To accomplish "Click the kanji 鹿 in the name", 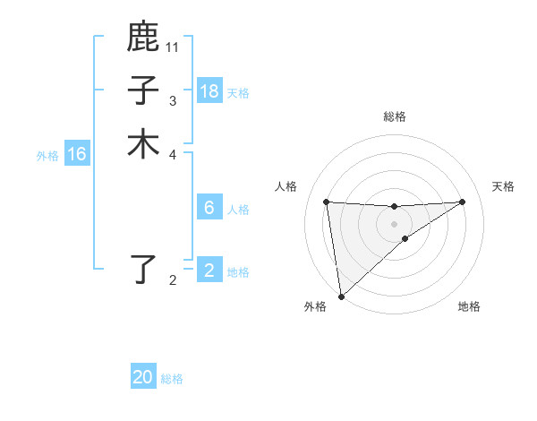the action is (x=143, y=38).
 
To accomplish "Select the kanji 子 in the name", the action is (x=143, y=90).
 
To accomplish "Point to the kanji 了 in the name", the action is (x=143, y=270).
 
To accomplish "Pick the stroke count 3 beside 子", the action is (x=173, y=101).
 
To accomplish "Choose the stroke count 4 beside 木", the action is (x=173, y=154).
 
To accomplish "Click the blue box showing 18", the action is (x=209, y=91).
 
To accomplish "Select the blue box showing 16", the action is (x=77, y=155).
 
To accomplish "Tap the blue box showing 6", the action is (x=209, y=208).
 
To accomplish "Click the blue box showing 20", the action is (x=143, y=377).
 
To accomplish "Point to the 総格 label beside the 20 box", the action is (x=172, y=379).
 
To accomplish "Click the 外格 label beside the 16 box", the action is (x=47, y=156).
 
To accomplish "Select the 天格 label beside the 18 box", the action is (x=238, y=93).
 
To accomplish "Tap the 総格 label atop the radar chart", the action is (x=395, y=116).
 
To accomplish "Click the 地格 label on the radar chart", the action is (x=469, y=307).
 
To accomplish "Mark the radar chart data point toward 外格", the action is (x=341, y=296).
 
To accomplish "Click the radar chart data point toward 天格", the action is (x=462, y=202).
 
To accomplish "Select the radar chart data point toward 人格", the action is (x=327, y=202).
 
